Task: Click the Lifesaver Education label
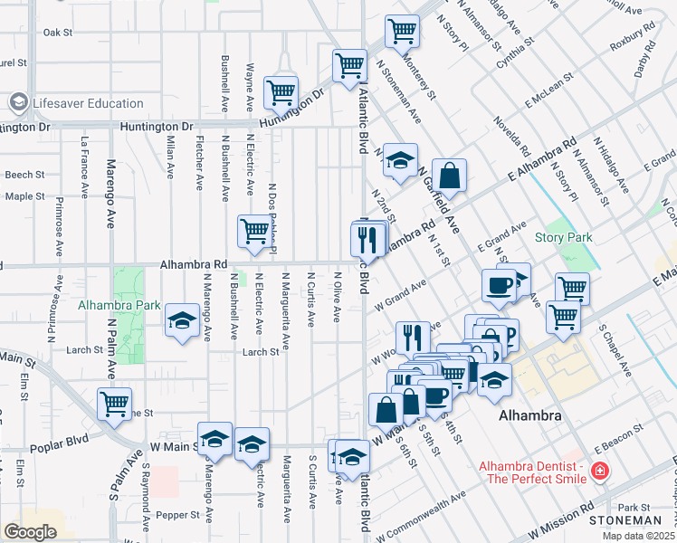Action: (88, 103)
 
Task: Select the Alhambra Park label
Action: (119, 305)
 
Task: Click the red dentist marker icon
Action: (597, 471)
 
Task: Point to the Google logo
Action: (30, 532)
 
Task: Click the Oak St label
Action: (58, 32)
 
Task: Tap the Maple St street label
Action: (24, 195)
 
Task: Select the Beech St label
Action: (24, 174)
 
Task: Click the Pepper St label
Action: (176, 515)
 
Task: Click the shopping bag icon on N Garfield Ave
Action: (449, 176)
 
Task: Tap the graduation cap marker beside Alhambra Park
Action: (182, 320)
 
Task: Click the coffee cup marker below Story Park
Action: (499, 285)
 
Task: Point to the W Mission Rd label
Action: (557, 520)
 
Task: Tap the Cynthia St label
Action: (527, 52)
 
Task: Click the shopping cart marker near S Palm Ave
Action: (114, 404)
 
